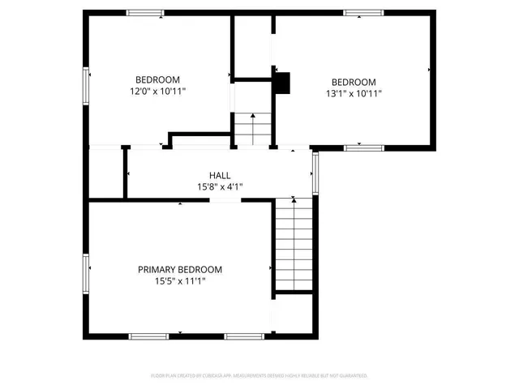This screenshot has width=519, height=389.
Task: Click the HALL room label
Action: click(x=220, y=175)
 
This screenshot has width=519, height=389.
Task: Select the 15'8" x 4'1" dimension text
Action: click(x=220, y=187)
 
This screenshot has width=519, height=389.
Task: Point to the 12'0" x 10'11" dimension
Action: click(x=157, y=92)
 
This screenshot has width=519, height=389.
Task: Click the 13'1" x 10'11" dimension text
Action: click(x=354, y=93)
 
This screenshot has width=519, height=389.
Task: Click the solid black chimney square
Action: click(x=281, y=82)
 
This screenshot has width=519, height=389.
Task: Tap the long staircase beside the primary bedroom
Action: click(x=292, y=243)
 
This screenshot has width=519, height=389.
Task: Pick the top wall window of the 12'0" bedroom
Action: click(x=145, y=12)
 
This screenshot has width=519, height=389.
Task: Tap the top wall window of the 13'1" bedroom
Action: click(x=362, y=12)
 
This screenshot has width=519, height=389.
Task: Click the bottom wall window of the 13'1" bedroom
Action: click(x=362, y=147)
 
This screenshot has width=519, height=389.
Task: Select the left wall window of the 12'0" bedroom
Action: click(x=86, y=85)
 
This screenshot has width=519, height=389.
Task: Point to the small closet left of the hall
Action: click(x=106, y=173)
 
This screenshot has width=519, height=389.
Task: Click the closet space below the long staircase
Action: click(x=294, y=312)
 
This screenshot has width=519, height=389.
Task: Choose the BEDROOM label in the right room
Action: click(x=354, y=82)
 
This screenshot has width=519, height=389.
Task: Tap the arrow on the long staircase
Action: click(x=293, y=200)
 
